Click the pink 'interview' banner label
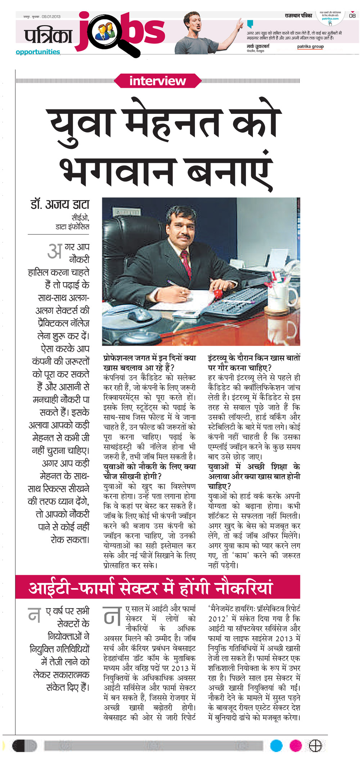tap(157, 81)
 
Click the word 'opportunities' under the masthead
tap(38, 52)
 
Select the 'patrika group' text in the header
tap(310, 46)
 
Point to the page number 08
tap(352, 16)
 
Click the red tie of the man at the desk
tap(186, 263)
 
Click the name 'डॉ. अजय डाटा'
tap(60, 204)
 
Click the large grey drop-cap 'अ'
tap(55, 251)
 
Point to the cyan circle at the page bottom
tap(276, 746)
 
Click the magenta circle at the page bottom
tap(296, 746)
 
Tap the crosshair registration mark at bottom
tap(315, 746)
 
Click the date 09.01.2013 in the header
tap(51, 17)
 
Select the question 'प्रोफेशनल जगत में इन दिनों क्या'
tap(149, 358)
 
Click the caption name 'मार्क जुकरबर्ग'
tap(258, 46)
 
